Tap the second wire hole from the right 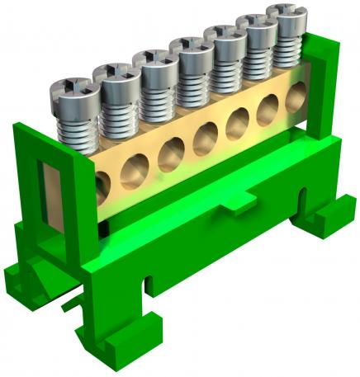(x=268, y=114)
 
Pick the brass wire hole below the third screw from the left (x=171, y=154)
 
